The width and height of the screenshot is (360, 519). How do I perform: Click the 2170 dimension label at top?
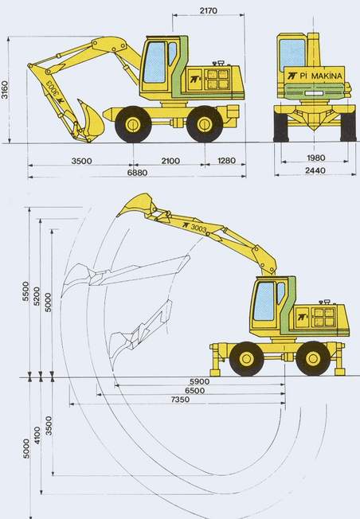pyautogui.click(x=209, y=10)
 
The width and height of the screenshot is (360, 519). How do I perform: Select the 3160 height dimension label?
pyautogui.click(x=5, y=90)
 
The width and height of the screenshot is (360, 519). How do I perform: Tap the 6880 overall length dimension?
pyautogui.click(x=137, y=173)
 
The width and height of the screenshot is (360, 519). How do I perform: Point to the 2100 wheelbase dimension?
pyautogui.click(x=170, y=161)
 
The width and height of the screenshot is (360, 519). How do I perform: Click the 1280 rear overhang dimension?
pyautogui.click(x=227, y=161)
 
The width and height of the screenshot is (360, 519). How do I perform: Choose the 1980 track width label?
pyautogui.click(x=316, y=158)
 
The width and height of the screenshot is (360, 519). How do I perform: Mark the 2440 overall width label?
pyautogui.click(x=315, y=170)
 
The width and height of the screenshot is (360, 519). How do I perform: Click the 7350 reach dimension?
pyautogui.click(x=181, y=399)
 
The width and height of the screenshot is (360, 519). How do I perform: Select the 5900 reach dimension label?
pyautogui.click(x=199, y=381)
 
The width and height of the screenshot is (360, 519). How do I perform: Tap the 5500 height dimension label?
pyautogui.click(x=25, y=291)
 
